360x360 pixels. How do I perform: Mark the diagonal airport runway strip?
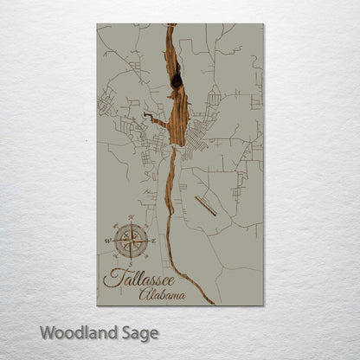click(207, 205)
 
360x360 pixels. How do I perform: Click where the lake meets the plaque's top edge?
click(170, 25)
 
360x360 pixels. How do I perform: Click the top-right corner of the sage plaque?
click(263, 24)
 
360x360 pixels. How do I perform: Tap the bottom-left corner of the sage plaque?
click(97, 305)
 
